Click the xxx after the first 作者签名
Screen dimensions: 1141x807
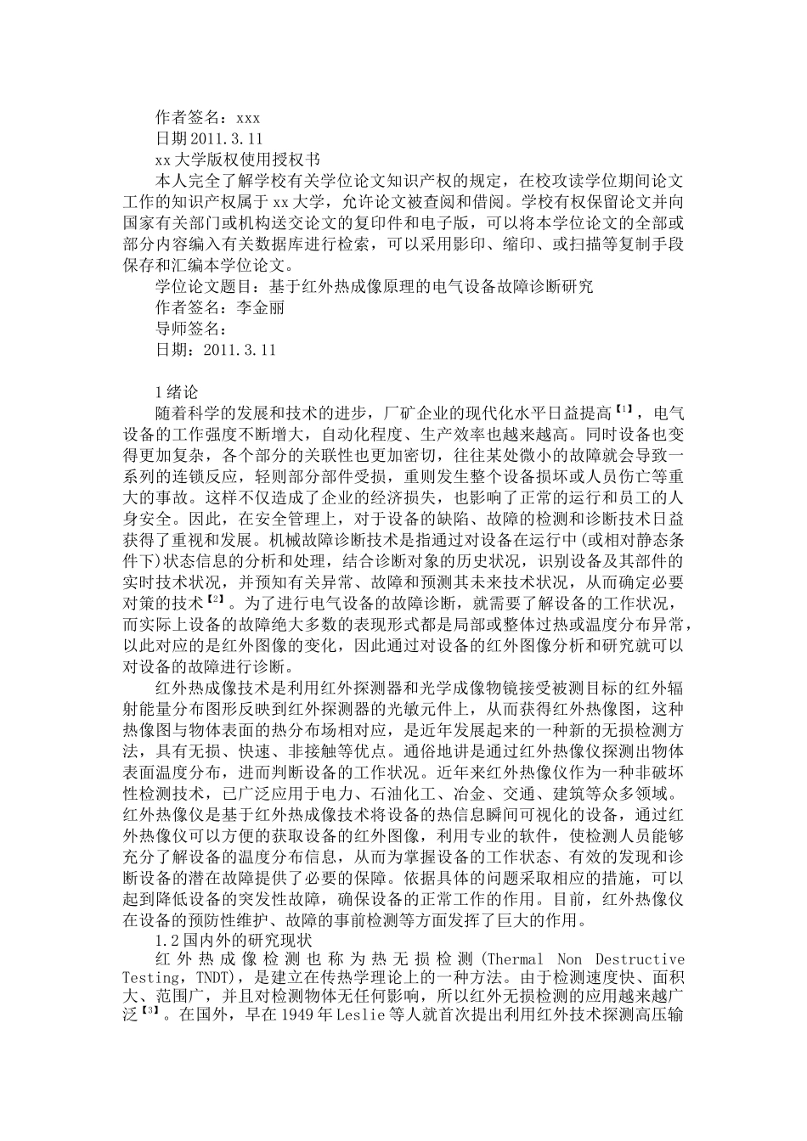(x=247, y=117)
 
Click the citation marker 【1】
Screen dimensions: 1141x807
(x=624, y=411)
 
